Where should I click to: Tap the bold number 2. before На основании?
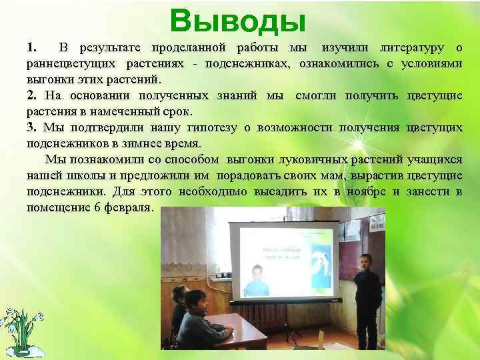coord(32,96)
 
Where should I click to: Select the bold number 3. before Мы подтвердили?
coord(32,128)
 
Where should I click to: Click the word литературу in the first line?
coord(412,48)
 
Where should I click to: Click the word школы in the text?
coord(90,176)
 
